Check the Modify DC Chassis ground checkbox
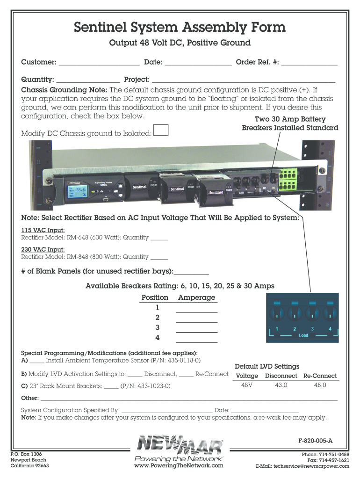pos(161,130)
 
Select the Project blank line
pos(244,80)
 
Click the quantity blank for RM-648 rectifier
pos(159,238)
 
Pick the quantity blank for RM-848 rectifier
pos(159,257)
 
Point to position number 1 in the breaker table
pos(158,308)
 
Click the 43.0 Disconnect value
pos(281,385)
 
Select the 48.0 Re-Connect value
pos(320,385)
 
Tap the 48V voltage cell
pos(247,385)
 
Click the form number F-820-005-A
pos(315,441)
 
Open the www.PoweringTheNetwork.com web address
pos(179,465)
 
